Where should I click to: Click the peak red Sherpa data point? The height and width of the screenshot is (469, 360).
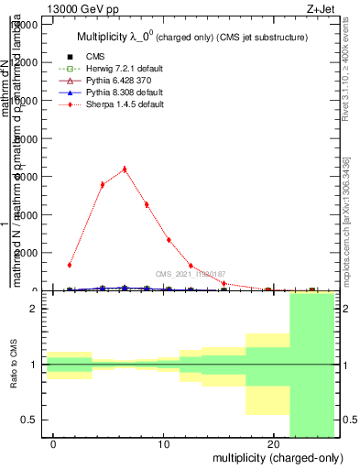pyautogui.click(x=125, y=169)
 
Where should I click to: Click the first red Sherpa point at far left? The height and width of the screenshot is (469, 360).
pyautogui.click(x=70, y=265)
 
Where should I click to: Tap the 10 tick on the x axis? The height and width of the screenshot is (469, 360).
pyautogui.click(x=164, y=444)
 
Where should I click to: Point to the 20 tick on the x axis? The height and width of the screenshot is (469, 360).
pyautogui.click(x=274, y=444)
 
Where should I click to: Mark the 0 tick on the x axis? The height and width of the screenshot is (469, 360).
pyautogui.click(x=54, y=444)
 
